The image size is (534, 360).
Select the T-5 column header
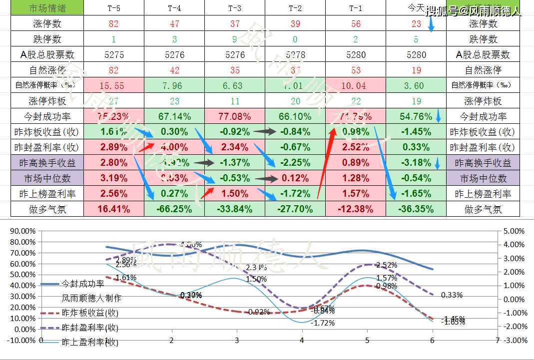point(114,8)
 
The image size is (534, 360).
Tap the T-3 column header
point(234,8)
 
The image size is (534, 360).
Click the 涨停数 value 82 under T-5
point(113,23)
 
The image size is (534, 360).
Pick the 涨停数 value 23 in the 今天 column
point(417,23)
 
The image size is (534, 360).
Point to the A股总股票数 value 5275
point(113,54)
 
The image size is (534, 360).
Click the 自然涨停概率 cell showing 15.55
point(113,85)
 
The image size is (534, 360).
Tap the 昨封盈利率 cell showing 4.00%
point(174,147)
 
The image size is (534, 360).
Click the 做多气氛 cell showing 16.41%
point(113,209)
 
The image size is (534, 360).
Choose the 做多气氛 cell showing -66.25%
point(174,209)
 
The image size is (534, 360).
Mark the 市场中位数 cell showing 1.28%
point(355,178)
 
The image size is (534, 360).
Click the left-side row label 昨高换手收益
point(42,163)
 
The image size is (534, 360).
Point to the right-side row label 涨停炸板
point(483,101)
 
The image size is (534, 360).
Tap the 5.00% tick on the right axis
point(514,231)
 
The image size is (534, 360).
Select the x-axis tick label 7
point(497,340)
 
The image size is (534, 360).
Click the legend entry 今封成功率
point(83,284)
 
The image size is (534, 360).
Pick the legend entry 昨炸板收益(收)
point(90,313)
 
